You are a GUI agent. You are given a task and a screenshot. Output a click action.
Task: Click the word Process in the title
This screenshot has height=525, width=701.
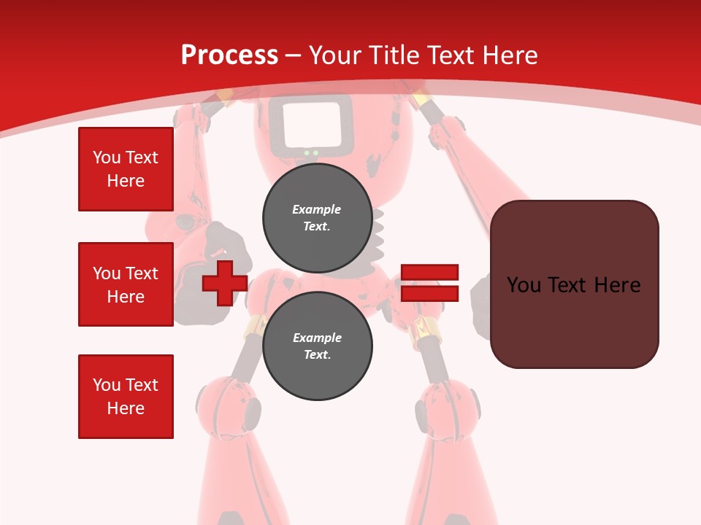pyautogui.click(x=229, y=55)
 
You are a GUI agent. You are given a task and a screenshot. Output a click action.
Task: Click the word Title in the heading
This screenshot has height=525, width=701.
pyautogui.click(x=394, y=55)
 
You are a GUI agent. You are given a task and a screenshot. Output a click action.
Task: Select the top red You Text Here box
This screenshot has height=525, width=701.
pyautogui.click(x=126, y=169)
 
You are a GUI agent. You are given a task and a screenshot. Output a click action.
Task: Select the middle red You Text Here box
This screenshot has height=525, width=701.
pyautogui.click(x=126, y=284)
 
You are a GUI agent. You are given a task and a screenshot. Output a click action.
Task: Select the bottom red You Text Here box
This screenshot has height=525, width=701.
pyautogui.click(x=126, y=397)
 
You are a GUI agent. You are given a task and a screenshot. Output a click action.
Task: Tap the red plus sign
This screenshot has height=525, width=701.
pyautogui.click(x=224, y=283)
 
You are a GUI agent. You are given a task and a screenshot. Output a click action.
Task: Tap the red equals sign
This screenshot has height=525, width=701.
pyautogui.click(x=429, y=283)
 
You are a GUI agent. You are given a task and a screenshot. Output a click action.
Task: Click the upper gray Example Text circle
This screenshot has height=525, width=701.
pyautogui.click(x=317, y=217)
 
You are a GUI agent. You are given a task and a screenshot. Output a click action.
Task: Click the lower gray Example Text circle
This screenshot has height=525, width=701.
pyautogui.click(x=317, y=346)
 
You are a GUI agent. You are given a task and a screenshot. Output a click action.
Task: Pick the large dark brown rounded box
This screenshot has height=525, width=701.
pyautogui.click(x=574, y=284)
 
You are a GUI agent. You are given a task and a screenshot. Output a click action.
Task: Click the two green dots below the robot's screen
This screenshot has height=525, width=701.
pyautogui.click(x=311, y=153)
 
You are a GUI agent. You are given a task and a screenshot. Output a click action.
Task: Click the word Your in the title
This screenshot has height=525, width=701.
pyautogui.click(x=335, y=55)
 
